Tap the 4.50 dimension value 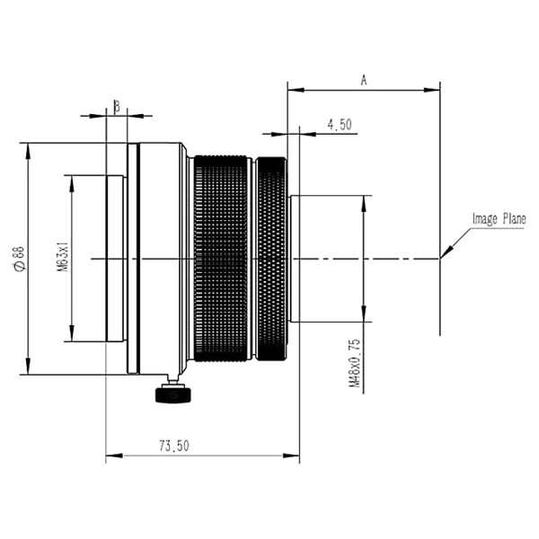click(340, 126)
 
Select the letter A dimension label click(364, 80)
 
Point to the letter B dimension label click(116, 106)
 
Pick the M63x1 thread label click(62, 258)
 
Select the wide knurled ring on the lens click(221, 258)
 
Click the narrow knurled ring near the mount click(272, 258)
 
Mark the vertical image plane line click(440, 296)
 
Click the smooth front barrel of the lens click(162, 258)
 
